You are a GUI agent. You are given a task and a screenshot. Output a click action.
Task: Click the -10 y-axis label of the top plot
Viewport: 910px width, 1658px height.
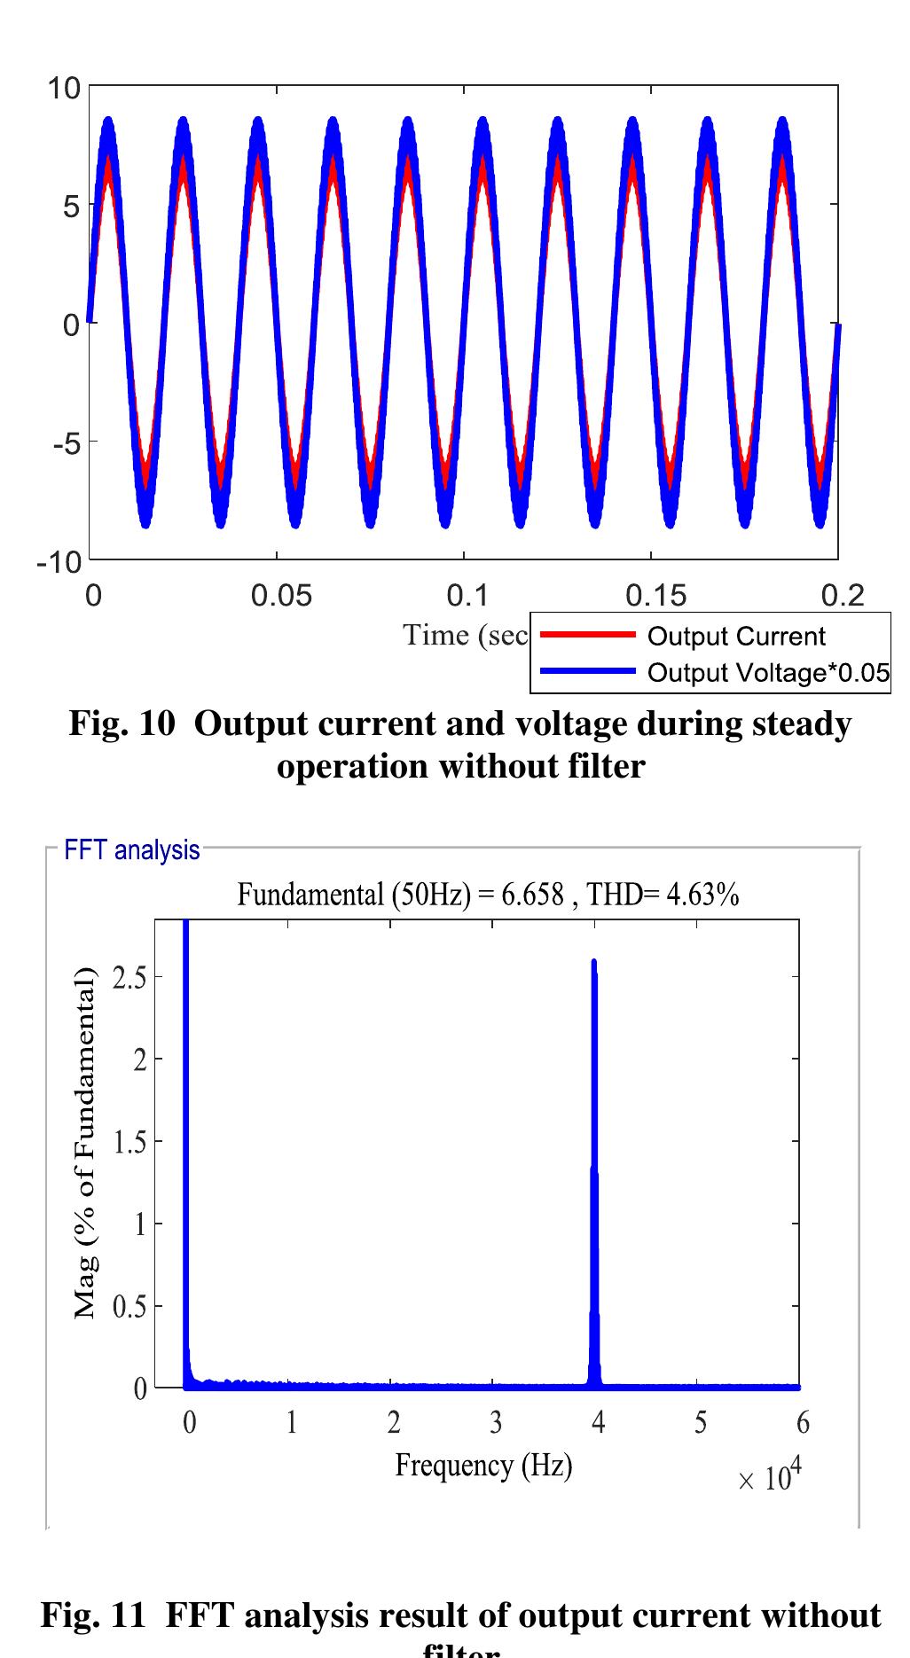point(59,562)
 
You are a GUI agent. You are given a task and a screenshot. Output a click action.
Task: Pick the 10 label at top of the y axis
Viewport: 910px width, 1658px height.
point(64,88)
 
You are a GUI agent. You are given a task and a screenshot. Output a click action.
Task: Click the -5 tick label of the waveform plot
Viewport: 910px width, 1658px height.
point(66,443)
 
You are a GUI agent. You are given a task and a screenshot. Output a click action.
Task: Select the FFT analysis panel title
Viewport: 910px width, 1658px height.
point(131,850)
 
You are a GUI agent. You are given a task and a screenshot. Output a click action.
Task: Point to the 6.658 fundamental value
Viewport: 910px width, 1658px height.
point(532,895)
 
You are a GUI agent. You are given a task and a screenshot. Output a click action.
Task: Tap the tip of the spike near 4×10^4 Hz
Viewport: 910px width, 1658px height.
point(593,961)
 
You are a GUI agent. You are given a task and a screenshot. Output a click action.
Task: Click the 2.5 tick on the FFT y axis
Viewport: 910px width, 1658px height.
point(129,977)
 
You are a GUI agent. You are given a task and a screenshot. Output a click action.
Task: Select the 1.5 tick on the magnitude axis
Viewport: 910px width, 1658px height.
point(129,1142)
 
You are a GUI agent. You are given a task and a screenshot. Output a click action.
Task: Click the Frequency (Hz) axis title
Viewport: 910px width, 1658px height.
point(483,1465)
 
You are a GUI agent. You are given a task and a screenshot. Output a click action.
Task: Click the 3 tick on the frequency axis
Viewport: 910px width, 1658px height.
point(496,1423)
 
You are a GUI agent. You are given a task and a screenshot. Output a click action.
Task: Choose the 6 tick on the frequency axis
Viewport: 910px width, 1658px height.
point(803,1423)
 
